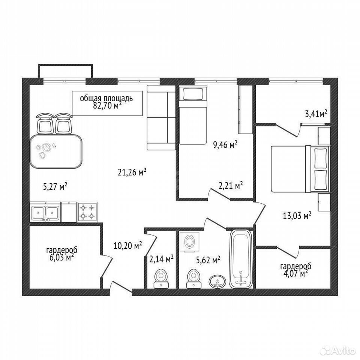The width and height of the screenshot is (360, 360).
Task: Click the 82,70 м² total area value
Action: [107, 106]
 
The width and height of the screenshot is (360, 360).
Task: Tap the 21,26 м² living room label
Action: [132, 172]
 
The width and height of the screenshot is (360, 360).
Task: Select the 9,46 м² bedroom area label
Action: [225, 145]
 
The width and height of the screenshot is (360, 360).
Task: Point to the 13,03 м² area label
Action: [297, 216]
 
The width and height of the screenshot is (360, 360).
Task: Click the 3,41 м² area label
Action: [316, 114]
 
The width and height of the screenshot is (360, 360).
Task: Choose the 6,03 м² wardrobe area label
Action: [61, 257]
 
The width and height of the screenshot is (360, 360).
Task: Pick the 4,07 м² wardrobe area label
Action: [296, 274]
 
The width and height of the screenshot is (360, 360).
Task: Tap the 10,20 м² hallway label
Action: [128, 246]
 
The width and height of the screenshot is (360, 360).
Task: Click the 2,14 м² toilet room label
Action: [161, 259]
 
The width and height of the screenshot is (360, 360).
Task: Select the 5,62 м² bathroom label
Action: [208, 260]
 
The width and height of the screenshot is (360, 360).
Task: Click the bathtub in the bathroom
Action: [241, 259]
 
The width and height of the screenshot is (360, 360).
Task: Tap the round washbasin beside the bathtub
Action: [217, 281]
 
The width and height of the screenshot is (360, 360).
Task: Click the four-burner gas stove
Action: [87, 212]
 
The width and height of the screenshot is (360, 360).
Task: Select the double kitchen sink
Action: [45, 212]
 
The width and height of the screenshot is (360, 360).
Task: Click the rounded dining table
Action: [56, 151]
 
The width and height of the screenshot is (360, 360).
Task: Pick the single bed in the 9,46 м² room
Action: [193, 115]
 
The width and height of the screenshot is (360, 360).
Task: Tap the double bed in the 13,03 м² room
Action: [300, 169]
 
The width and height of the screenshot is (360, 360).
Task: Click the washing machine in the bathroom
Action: [189, 242]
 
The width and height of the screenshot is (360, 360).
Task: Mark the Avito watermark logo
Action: [337, 350]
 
